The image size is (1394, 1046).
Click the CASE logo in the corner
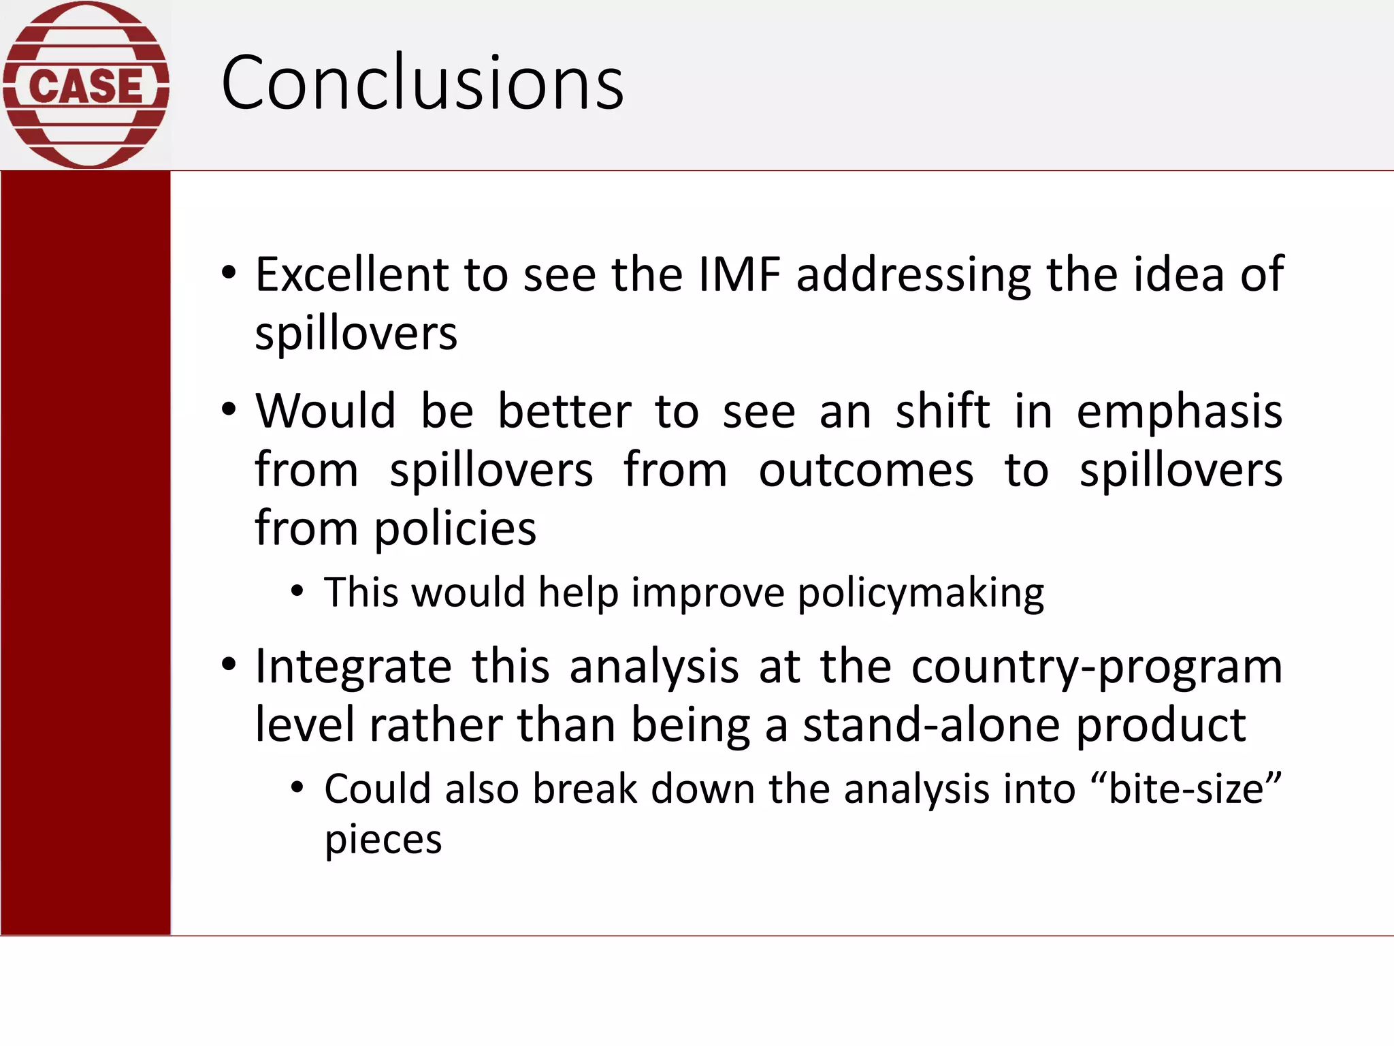point(86,84)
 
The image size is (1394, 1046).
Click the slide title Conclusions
point(422,83)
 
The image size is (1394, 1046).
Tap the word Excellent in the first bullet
point(352,274)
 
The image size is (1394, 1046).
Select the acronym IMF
point(739,274)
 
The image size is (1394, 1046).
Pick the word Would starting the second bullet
point(325,411)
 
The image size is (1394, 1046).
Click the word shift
point(942,411)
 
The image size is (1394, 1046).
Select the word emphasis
point(1179,413)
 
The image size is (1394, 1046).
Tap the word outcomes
point(866,470)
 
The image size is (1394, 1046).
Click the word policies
point(455,529)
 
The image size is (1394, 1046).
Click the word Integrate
point(353,667)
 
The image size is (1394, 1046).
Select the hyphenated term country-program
point(1097,667)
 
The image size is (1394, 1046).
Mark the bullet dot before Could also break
point(297,789)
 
